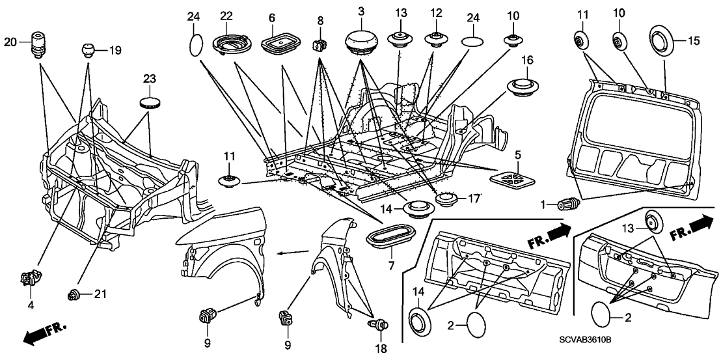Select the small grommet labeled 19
88,49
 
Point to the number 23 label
150,79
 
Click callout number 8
320,21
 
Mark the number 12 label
435,13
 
